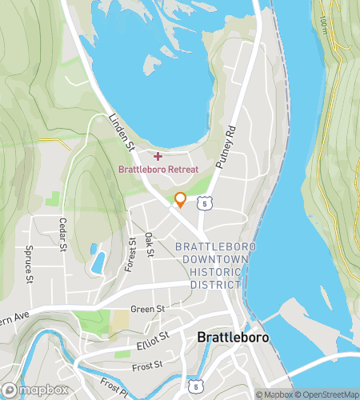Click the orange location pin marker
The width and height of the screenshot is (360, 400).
coord(180,200)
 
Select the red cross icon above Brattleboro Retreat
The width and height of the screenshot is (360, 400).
coord(158,155)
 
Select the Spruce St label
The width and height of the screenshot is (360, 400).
coord(27,264)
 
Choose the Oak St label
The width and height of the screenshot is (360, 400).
coord(150,245)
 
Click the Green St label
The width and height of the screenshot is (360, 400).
coord(146,308)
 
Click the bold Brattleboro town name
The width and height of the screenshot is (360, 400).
coord(233,338)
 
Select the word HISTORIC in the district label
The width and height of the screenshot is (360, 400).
coord(211,272)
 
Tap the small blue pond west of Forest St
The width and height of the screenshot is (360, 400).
coord(98,261)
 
